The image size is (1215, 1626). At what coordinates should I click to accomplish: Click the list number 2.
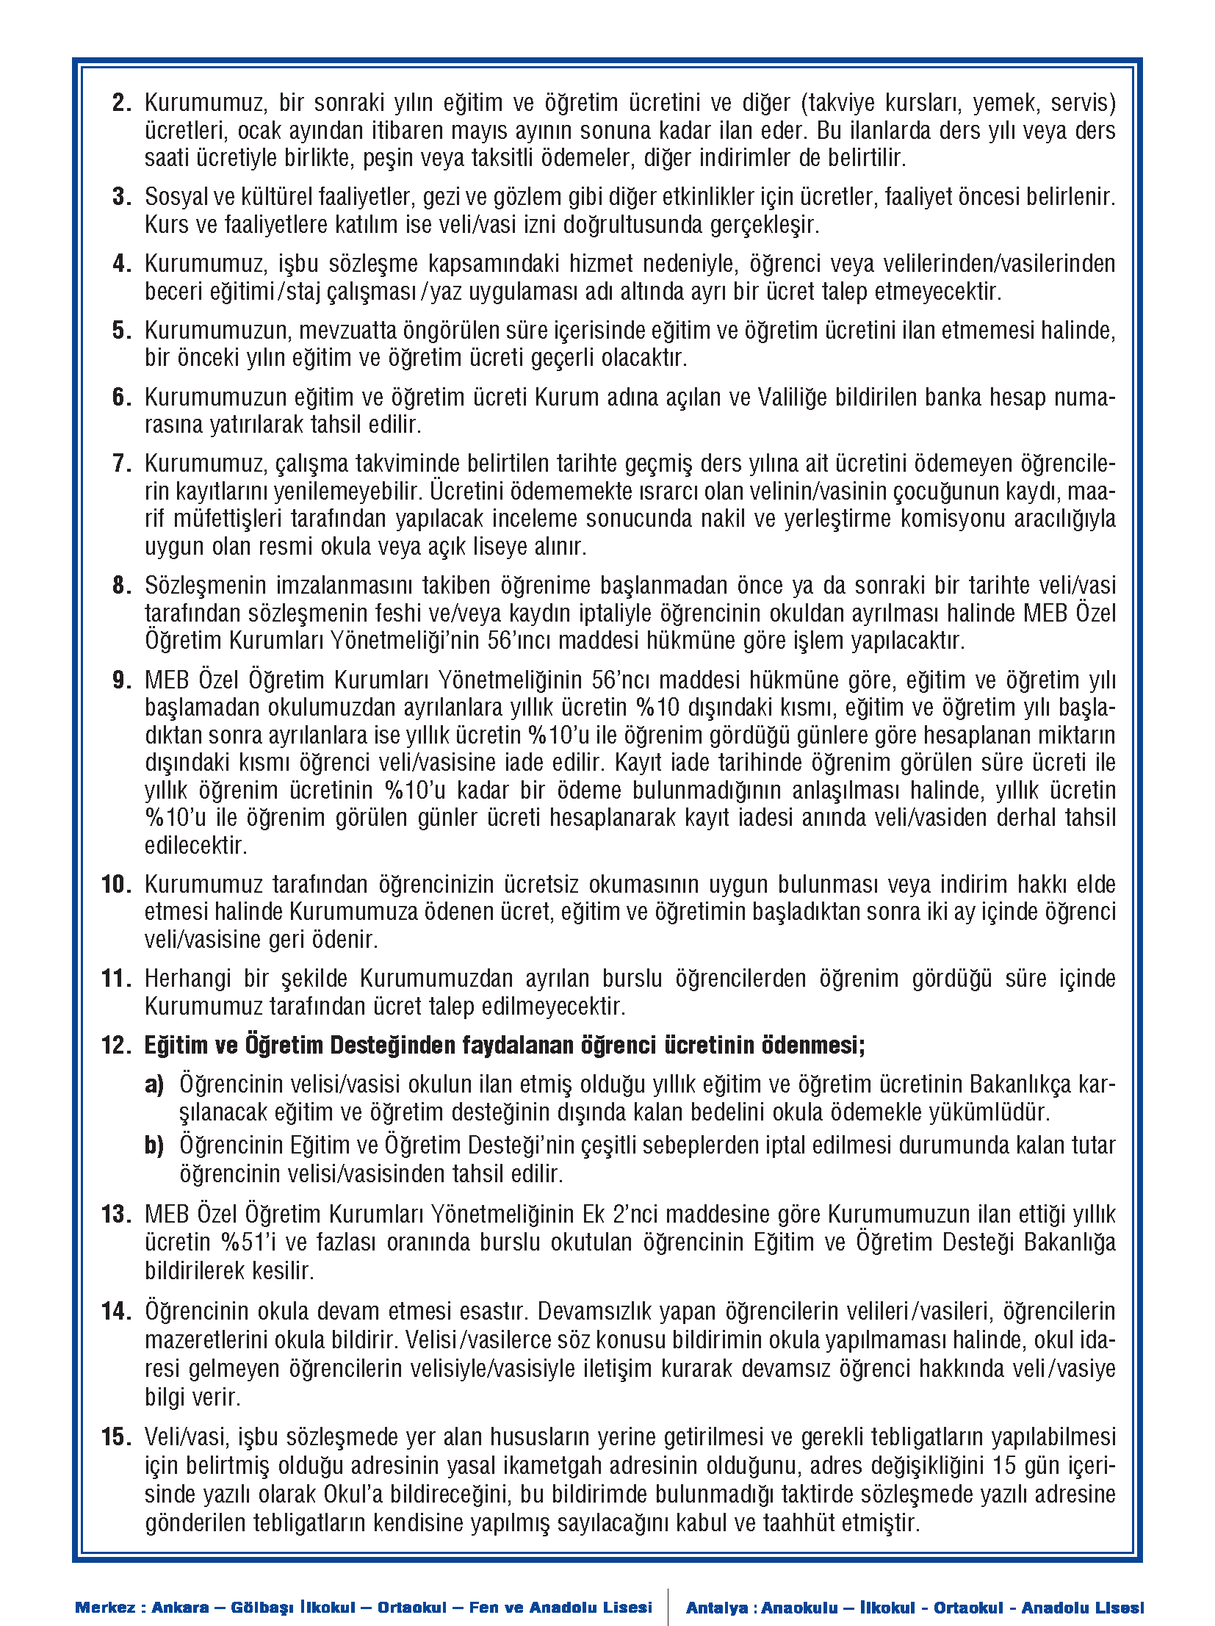[x=121, y=103]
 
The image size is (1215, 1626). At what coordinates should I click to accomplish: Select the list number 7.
[x=121, y=464]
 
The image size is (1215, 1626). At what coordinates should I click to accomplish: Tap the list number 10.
[x=116, y=885]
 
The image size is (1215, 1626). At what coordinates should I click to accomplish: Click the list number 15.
[x=116, y=1437]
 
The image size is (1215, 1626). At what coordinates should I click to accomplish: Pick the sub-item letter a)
[x=154, y=1084]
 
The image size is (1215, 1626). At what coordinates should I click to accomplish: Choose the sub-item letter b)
[x=154, y=1145]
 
